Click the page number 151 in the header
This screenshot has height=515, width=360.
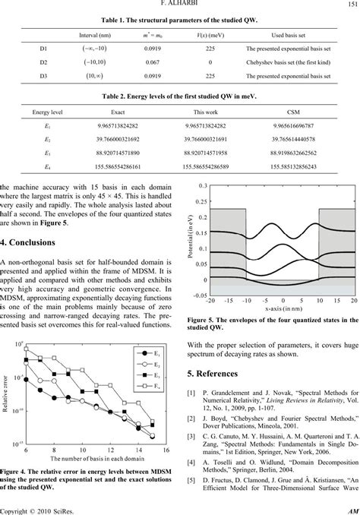[350, 5]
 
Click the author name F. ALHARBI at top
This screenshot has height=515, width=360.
[179, 5]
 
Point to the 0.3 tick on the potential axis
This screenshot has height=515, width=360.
[201, 186]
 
